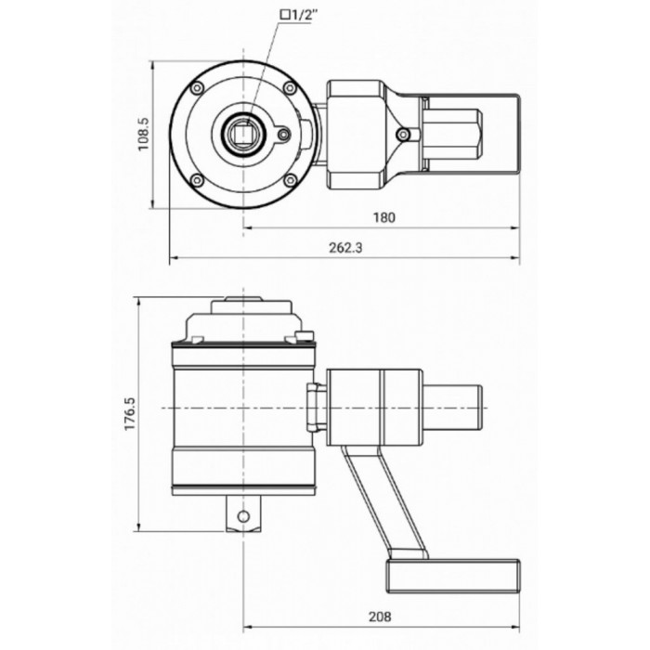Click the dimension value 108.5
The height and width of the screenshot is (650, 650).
(x=142, y=136)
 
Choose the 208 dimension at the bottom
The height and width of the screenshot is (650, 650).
(x=379, y=615)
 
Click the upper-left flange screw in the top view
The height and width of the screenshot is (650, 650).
(x=197, y=88)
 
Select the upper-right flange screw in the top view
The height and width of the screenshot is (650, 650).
(x=292, y=88)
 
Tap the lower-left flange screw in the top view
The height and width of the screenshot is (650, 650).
(x=197, y=180)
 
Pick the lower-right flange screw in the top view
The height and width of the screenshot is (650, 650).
(x=291, y=180)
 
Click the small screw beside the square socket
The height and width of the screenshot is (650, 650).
(x=282, y=135)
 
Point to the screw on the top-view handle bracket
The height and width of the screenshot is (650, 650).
(x=402, y=135)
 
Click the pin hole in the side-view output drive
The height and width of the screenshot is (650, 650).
(x=243, y=516)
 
